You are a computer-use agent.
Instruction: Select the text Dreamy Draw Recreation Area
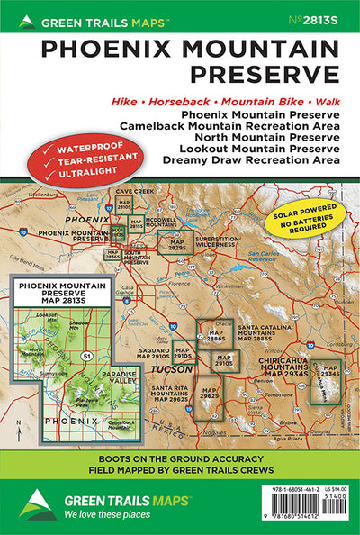252,160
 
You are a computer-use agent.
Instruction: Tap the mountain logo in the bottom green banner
36,505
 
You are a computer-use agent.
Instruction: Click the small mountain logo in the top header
30,17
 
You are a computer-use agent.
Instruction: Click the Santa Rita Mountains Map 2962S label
162,394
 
